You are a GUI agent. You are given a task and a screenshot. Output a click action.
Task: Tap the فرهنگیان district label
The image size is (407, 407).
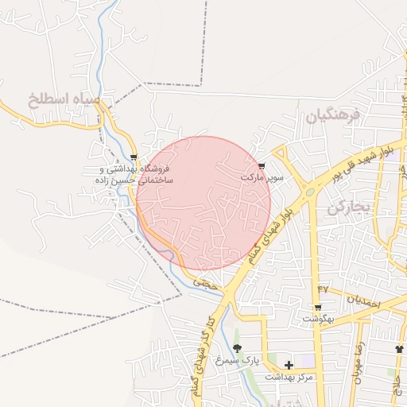pyautogui.click(x=333, y=115)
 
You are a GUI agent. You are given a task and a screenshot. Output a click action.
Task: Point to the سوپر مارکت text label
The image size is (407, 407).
pyautogui.click(x=262, y=177)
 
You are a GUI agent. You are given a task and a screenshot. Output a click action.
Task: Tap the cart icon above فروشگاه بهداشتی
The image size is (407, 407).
pyautogui.click(x=134, y=157)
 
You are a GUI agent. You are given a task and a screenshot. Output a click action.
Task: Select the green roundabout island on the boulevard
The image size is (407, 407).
pyautogui.click(x=308, y=192)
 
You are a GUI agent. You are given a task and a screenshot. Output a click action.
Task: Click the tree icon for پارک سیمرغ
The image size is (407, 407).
pyautogui.click(x=237, y=348)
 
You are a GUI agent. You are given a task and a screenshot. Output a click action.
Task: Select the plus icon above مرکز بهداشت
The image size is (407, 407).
pyautogui.click(x=289, y=364)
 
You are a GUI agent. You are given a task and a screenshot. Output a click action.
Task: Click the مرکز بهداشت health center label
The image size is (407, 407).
pyautogui.click(x=289, y=377)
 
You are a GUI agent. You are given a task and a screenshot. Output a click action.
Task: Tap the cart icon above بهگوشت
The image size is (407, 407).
pyautogui.click(x=318, y=307)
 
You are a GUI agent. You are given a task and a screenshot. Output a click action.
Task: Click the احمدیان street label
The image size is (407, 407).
pyautogui.click(x=366, y=302)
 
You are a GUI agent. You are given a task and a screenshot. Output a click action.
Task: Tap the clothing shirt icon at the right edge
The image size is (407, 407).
pyautogui.click(x=399, y=349)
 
